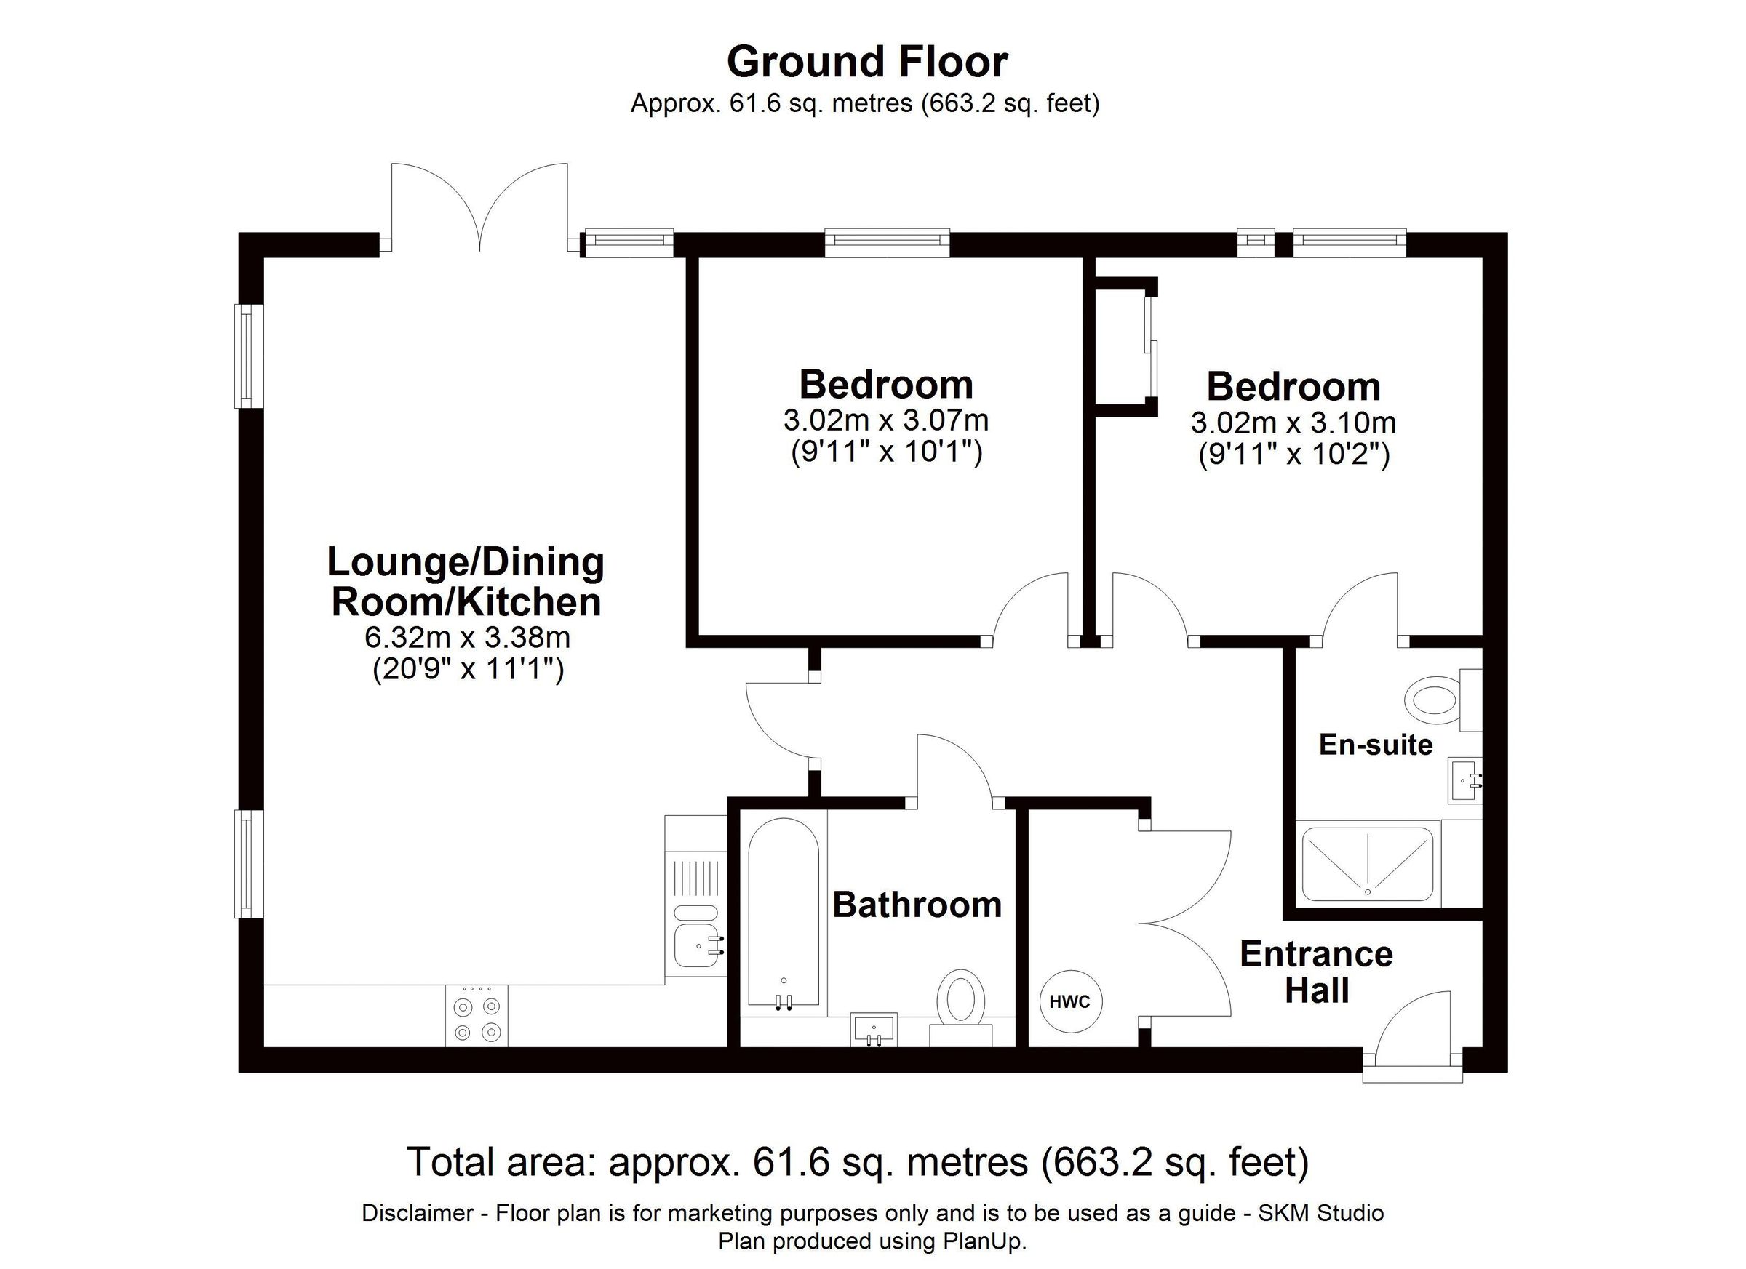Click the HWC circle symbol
tap(1070, 1001)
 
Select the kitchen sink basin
tap(697, 945)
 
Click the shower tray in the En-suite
tap(1368, 863)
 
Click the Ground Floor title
tap(867, 63)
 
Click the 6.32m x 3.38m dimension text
tap(467, 637)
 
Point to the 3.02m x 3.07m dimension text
tap(886, 420)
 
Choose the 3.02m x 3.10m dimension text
tap(1293, 423)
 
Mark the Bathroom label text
tap(917, 905)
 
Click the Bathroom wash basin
tap(874, 1030)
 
